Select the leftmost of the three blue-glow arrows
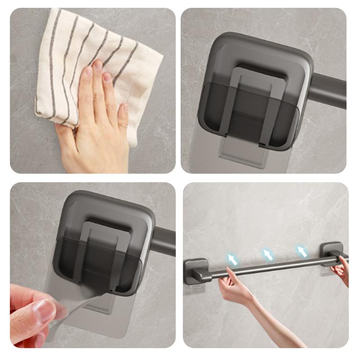click(232, 259)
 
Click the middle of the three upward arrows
click(268, 255)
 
